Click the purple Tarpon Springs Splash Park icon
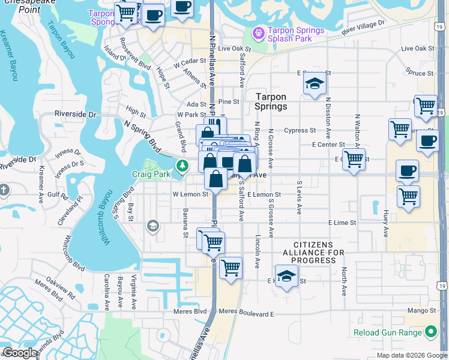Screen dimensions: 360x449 [x=259, y=32]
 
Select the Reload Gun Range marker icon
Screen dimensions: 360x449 [x=430, y=331]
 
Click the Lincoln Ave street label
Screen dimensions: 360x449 [x=257, y=251]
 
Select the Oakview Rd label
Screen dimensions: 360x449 [x=60, y=287]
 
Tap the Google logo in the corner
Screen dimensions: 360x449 [x=19, y=353]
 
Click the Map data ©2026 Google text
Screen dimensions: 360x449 [x=411, y=355]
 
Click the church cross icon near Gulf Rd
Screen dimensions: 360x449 [x=4, y=191]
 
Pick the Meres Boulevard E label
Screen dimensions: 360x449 [x=246, y=313]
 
